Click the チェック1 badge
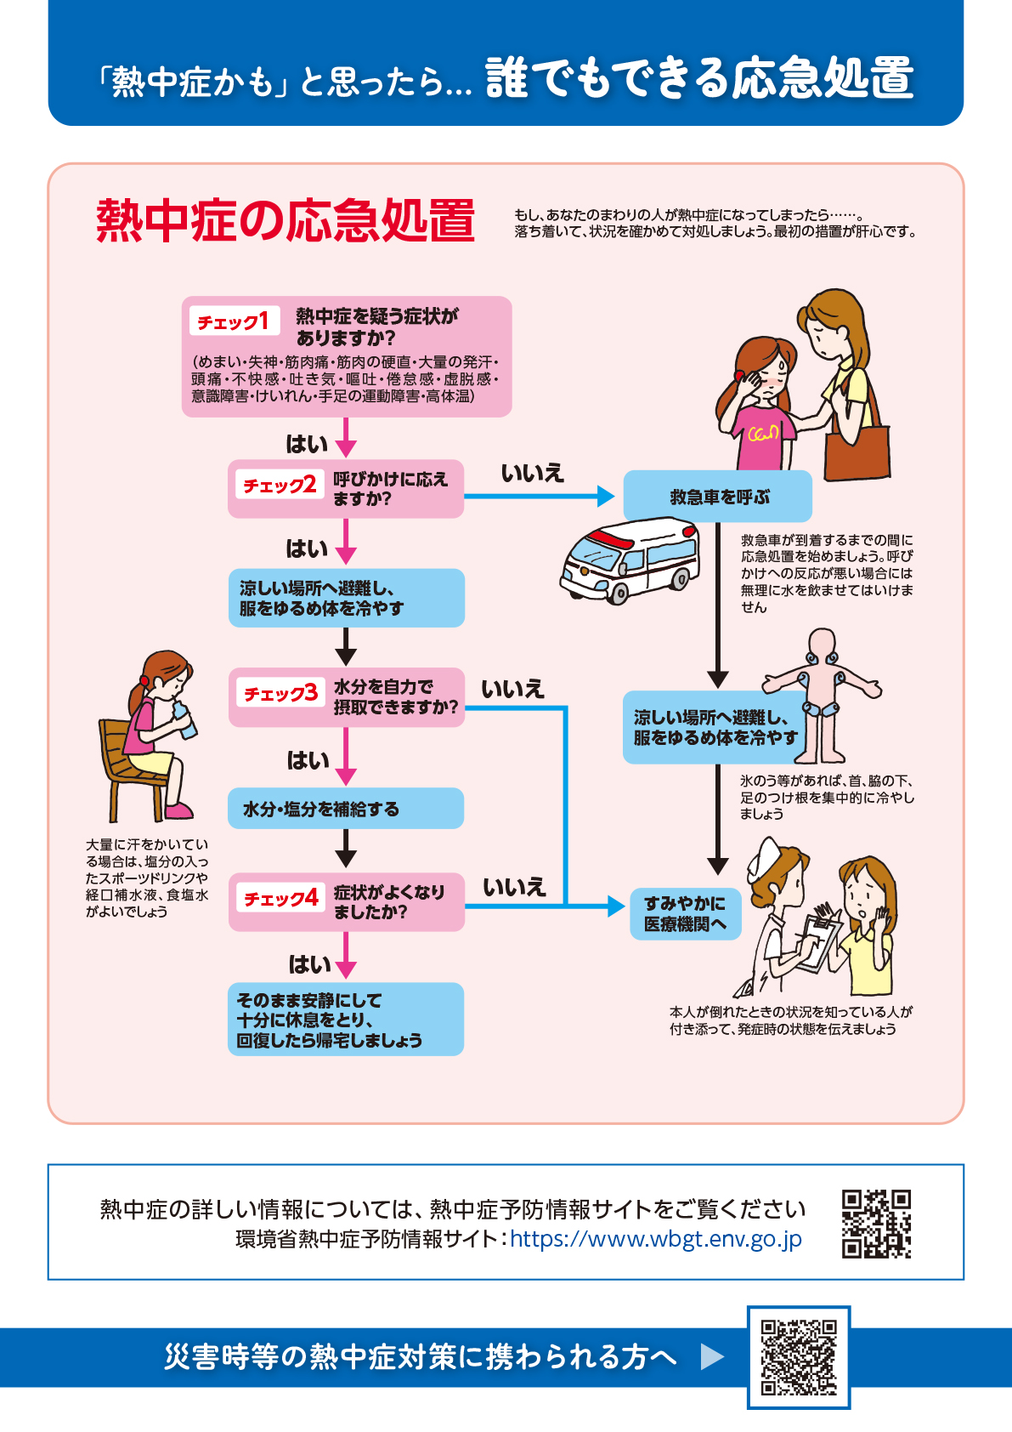pyautogui.click(x=235, y=321)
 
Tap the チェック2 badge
pyautogui.click(x=280, y=486)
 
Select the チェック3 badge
pyautogui.click(x=280, y=693)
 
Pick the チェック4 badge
pyautogui.click(x=280, y=898)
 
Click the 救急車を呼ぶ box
pyautogui.click(x=717, y=496)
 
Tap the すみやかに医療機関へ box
pyautogui.click(x=686, y=913)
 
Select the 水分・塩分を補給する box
pyautogui.click(x=346, y=808)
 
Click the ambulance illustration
pyautogui.click(x=630, y=560)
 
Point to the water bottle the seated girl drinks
pyautogui.click(x=184, y=720)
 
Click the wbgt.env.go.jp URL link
pyautogui.click(x=655, y=1239)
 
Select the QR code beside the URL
pyautogui.click(x=876, y=1224)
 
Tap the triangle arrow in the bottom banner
pyautogui.click(x=712, y=1356)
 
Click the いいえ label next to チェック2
pyautogui.click(x=532, y=473)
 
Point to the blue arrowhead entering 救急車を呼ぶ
pyautogui.click(x=606, y=496)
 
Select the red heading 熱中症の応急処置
pyautogui.click(x=286, y=220)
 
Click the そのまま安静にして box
pyautogui.click(x=346, y=1019)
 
